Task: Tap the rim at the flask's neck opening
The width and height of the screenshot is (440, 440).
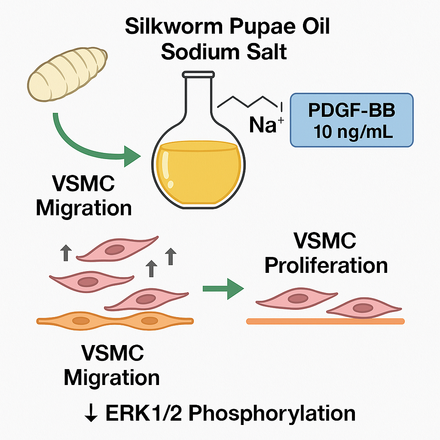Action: pos(198,74)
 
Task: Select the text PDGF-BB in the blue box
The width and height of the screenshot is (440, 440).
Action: pos(352,111)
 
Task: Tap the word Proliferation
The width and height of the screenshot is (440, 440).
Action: pos(326,265)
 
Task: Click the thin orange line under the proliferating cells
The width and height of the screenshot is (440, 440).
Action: pos(325,321)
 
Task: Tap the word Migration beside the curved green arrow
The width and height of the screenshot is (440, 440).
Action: pos(84,208)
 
